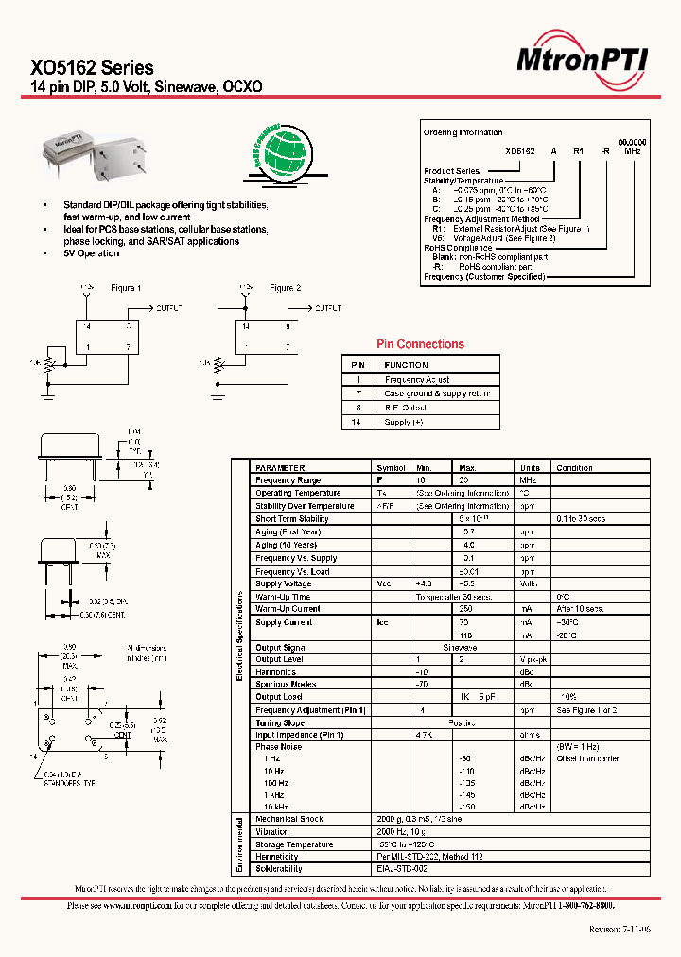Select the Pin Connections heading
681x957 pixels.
click(420, 344)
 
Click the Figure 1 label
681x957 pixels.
click(126, 288)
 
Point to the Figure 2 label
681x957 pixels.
click(285, 288)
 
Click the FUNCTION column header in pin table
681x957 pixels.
click(406, 365)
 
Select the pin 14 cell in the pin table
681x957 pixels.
click(358, 422)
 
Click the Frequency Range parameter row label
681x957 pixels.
click(288, 480)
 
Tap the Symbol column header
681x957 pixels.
click(391, 468)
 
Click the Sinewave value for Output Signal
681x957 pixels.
click(461, 648)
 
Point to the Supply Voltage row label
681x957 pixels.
click(283, 583)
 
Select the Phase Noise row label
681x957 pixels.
click(280, 747)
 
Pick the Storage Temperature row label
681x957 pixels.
click(294, 844)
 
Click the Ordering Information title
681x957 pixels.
click(463, 132)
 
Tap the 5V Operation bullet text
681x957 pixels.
click(92, 254)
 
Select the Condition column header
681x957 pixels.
click(574, 468)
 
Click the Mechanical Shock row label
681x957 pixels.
click(289, 819)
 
